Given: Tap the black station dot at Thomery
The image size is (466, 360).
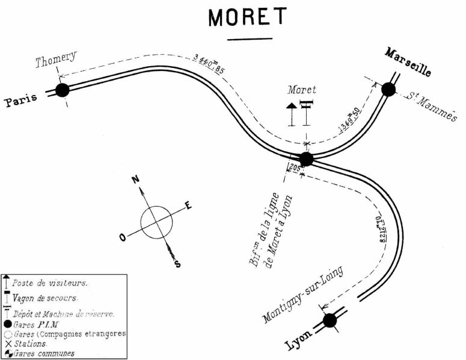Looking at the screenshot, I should tap(62, 91).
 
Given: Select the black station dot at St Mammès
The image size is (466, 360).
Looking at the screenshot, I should tap(388, 90).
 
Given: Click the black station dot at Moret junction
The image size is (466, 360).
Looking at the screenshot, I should tap(306, 159).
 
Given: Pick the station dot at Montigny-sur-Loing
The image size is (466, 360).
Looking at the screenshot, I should tap(330, 320).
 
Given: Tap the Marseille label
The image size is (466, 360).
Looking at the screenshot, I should tap(408, 62).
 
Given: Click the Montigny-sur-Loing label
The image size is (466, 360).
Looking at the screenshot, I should tap(302, 294).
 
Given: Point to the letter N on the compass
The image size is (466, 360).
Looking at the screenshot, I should tap(136, 179).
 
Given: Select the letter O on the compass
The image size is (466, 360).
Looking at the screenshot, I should tap(123, 237).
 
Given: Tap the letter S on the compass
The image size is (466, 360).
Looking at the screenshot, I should tap(177, 263).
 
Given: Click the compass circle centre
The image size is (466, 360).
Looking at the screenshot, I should tap(156, 221).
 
